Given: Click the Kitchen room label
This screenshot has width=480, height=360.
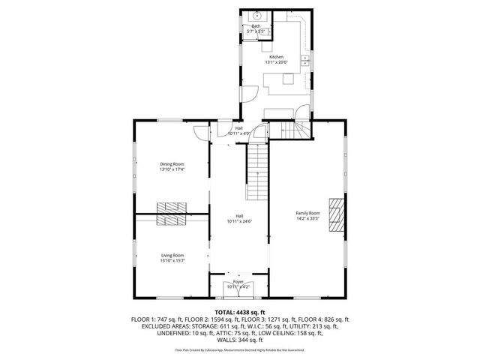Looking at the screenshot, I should [277, 57].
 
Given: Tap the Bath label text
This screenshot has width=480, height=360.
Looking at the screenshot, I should [256, 26].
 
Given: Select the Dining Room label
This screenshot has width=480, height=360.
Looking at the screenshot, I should [172, 163].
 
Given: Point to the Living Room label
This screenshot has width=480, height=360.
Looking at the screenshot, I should [172, 255].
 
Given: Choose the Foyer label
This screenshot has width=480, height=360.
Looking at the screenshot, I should [238, 282].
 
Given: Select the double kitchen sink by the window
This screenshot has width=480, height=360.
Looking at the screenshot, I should [306, 61].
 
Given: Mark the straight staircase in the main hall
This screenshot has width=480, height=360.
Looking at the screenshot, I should [257, 170].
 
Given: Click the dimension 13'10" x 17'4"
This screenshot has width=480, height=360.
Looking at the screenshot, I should [172, 169].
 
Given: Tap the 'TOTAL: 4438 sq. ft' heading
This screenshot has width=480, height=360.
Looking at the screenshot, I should [239, 312].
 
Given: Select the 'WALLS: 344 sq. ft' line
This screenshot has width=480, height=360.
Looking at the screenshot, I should [239, 339].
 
